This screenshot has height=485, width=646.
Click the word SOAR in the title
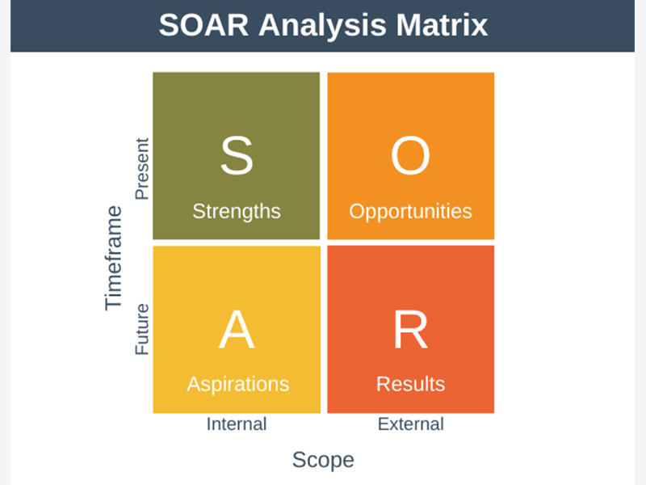click(x=203, y=26)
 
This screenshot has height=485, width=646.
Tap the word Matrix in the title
click(x=442, y=26)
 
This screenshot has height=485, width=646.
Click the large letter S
click(x=237, y=156)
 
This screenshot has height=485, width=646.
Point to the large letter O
click(x=410, y=156)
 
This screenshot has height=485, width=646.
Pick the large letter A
click(x=237, y=330)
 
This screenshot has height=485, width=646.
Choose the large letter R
click(x=411, y=330)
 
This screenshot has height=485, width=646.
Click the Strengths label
click(x=237, y=212)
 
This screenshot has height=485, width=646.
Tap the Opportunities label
click(x=410, y=212)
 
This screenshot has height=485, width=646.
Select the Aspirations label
click(x=237, y=385)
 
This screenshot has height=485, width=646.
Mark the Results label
click(x=410, y=384)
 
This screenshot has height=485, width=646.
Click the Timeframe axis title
click(x=113, y=258)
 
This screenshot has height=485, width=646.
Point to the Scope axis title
click(x=323, y=460)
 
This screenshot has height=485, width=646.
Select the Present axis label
click(x=142, y=169)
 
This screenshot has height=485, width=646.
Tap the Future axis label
click(x=142, y=330)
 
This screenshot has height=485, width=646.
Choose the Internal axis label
click(x=237, y=424)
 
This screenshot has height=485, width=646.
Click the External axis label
click(x=411, y=424)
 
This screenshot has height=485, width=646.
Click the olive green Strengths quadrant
click(x=236, y=156)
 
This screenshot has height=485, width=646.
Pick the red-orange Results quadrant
click(x=411, y=330)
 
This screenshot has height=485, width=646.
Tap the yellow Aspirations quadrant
click(x=237, y=330)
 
